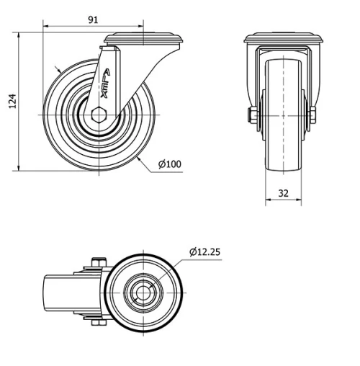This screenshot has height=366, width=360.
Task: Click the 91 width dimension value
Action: pyautogui.click(x=93, y=19)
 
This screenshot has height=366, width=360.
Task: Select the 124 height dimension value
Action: pyautogui.click(x=12, y=102)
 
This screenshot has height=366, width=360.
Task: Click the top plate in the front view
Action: pyautogui.click(x=281, y=39)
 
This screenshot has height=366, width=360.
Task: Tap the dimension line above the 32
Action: pyautogui.click(x=281, y=202)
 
